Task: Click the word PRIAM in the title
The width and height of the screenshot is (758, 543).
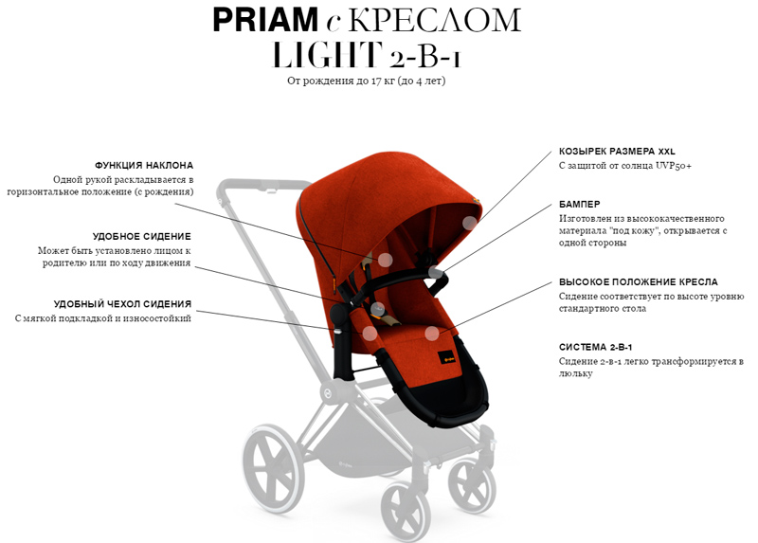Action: (265, 20)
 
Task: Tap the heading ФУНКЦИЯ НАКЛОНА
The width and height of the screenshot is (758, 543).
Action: (144, 166)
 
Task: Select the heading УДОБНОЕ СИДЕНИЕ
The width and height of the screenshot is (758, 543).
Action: (141, 237)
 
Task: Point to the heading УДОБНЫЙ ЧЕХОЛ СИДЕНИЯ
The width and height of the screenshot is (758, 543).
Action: (122, 304)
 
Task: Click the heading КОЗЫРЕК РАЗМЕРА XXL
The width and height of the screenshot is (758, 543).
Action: (617, 152)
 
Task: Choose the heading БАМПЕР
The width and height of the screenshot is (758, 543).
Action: (580, 205)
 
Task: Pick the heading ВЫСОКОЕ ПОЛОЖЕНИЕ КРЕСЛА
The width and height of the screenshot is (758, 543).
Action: (638, 281)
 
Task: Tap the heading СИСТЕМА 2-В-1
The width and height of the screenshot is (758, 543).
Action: (596, 347)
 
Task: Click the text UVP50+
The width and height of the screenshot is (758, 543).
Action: (674, 166)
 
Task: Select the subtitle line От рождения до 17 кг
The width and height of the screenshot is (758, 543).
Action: (341, 81)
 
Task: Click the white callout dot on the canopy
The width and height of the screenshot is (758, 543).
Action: (469, 223)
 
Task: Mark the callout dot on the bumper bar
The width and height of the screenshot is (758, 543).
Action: (435, 272)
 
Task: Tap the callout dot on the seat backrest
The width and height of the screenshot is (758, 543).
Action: (385, 261)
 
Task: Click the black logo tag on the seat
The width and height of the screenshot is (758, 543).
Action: (445, 358)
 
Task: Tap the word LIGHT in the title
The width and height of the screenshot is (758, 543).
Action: (327, 54)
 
